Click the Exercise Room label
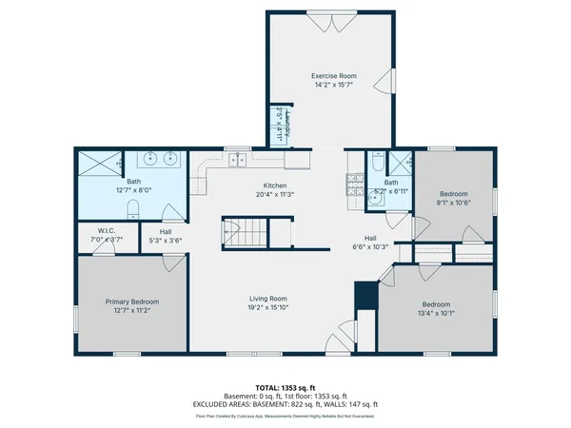point(327,75)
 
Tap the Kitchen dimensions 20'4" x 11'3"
point(274,195)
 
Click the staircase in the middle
point(245,231)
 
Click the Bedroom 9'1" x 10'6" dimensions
point(454,202)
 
